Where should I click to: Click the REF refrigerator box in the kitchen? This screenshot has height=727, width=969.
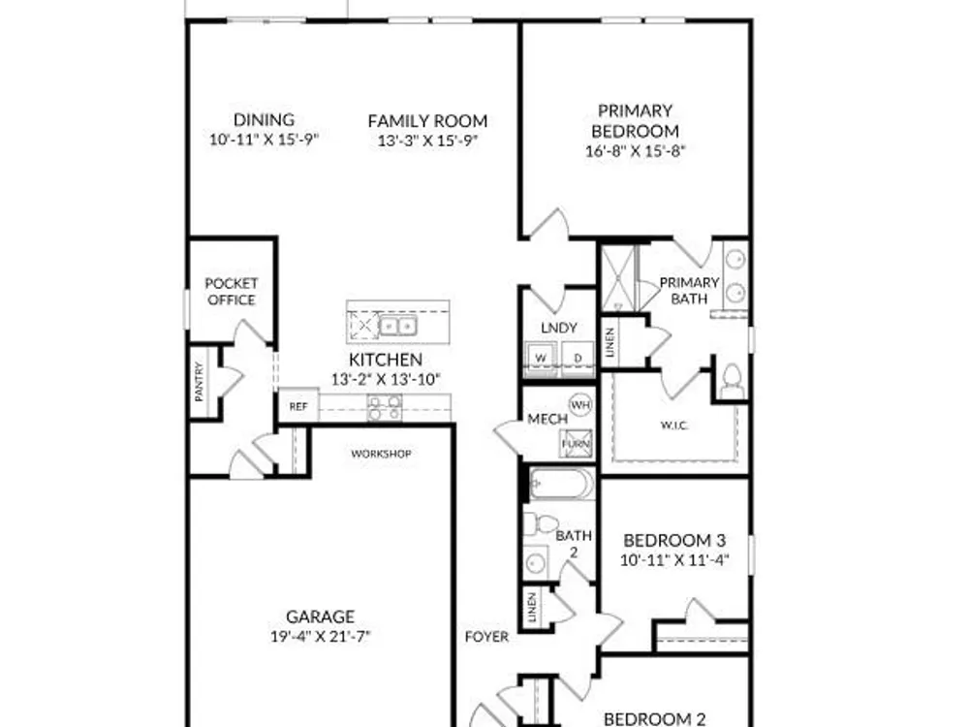tap(298, 405)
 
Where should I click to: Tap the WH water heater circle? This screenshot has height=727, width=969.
tap(579, 405)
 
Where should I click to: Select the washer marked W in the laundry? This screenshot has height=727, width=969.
tap(542, 358)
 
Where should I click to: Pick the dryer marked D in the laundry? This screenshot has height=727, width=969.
tap(578, 358)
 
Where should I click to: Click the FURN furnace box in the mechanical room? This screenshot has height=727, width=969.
tap(576, 443)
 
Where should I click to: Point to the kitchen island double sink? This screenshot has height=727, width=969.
tap(397, 325)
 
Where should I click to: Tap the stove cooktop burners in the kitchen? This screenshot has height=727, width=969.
tap(385, 407)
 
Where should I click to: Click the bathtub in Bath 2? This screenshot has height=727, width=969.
tap(562, 484)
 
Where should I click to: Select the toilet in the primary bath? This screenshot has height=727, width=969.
tap(733, 381)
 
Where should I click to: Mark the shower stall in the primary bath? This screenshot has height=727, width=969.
tap(618, 279)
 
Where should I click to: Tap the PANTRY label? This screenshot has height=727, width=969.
tap(199, 382)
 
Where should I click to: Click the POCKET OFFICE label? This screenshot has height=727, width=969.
tap(232, 291)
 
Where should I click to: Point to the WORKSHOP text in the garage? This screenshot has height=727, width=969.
tap(381, 454)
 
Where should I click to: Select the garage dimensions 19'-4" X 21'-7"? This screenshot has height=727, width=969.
tap(320, 636)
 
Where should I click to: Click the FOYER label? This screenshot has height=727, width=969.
tap(487, 637)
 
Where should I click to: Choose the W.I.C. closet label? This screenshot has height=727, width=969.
tap(674, 426)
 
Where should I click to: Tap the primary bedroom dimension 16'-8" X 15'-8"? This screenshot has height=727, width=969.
tap(636, 151)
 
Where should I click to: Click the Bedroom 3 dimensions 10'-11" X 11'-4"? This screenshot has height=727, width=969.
tap(674, 560)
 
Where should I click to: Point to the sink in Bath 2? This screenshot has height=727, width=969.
tap(535, 562)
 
